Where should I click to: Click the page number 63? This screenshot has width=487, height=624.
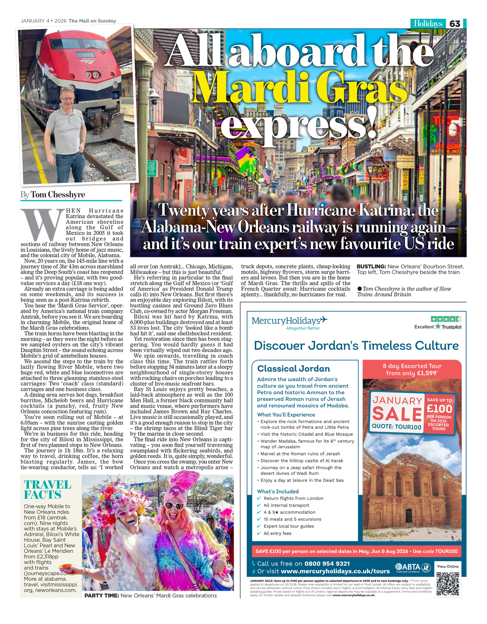455,24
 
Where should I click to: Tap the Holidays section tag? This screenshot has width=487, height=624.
428,24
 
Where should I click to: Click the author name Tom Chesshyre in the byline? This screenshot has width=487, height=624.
58,195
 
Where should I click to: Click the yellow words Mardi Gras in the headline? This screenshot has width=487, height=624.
299,87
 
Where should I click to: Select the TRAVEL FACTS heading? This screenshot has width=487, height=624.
47,490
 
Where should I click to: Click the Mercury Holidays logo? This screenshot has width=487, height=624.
289,321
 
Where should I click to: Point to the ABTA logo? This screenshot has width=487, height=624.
409,567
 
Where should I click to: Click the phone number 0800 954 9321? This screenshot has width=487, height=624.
327,563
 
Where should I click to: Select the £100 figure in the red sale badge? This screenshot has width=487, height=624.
439,409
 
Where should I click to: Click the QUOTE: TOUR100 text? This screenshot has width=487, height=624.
396,427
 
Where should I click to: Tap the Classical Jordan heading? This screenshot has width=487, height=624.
293,369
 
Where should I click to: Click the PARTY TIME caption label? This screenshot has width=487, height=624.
101,596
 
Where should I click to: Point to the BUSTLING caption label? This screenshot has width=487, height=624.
371,267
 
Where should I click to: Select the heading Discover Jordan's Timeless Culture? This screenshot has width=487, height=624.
356,346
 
